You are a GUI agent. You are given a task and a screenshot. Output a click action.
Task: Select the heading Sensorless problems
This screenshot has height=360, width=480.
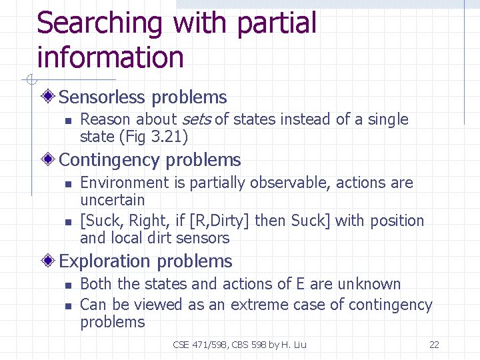pyautogui.click(x=143, y=97)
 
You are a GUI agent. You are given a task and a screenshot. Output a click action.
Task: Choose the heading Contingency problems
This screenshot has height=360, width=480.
pyautogui.click(x=150, y=160)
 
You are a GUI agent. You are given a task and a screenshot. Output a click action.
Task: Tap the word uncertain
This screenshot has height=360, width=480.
pyautogui.click(x=112, y=200)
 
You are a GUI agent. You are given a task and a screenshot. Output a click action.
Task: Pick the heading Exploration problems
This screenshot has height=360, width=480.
pyautogui.click(x=145, y=261)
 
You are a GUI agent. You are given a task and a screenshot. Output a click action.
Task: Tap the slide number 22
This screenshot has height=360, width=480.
pyautogui.click(x=434, y=345)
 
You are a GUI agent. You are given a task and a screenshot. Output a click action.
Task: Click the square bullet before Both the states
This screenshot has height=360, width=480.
pyautogui.click(x=67, y=285)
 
